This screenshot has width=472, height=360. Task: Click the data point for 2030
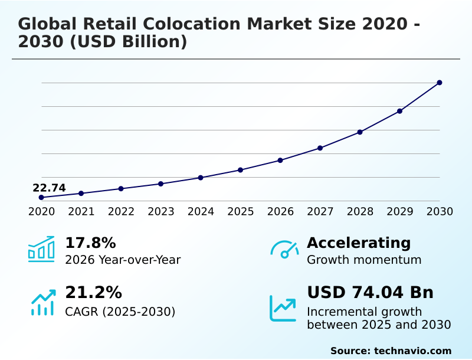[x=440, y=83]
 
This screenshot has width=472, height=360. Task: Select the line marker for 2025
[x=241, y=170]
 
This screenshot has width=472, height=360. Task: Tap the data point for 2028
[x=360, y=132]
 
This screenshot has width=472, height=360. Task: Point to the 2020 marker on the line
[x=41, y=197]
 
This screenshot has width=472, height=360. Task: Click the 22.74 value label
[x=49, y=188]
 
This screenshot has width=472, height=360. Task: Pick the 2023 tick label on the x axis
[x=161, y=212]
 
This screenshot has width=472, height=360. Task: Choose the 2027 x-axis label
[x=320, y=212]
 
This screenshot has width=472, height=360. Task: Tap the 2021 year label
[x=81, y=212]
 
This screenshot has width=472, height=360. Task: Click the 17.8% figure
[x=90, y=243]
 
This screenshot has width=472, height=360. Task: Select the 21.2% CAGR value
[x=93, y=292]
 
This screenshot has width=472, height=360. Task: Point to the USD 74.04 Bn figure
[x=370, y=292]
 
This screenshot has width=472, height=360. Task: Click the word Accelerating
[x=359, y=243]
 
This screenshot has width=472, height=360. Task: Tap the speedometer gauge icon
[x=284, y=250]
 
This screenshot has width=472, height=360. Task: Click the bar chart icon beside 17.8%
[x=41, y=250]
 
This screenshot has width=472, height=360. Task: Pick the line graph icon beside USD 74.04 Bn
[x=283, y=308]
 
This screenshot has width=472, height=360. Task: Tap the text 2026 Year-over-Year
[x=123, y=260]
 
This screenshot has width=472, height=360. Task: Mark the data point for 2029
[x=400, y=111]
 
